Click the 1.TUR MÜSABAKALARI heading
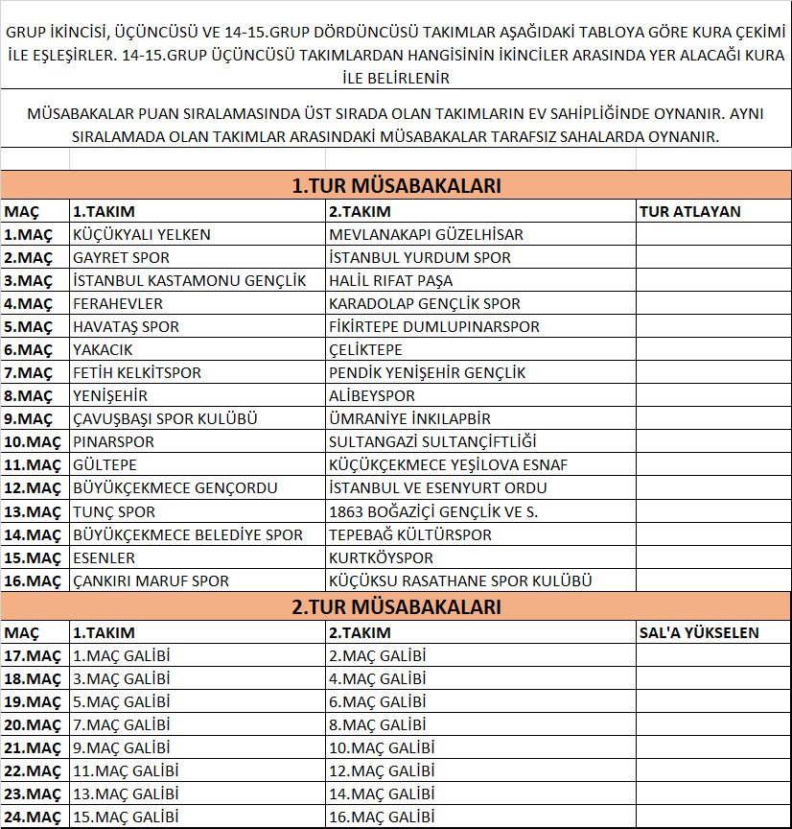396,186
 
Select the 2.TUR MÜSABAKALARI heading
396,606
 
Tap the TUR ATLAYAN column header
689,211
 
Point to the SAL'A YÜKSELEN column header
699,632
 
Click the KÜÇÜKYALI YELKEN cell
142,234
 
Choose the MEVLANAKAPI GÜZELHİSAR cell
426,234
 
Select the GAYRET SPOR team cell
122,257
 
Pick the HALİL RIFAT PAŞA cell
390,280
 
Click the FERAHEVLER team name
118,303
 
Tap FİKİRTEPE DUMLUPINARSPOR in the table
434,326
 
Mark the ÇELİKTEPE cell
365,349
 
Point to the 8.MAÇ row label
28,395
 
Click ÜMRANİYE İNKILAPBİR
409,418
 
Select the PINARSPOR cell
114,441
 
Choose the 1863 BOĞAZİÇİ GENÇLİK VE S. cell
433,511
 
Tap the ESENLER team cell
105,557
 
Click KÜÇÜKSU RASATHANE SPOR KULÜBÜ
460,580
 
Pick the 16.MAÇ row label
32,580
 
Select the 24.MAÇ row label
32,817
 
